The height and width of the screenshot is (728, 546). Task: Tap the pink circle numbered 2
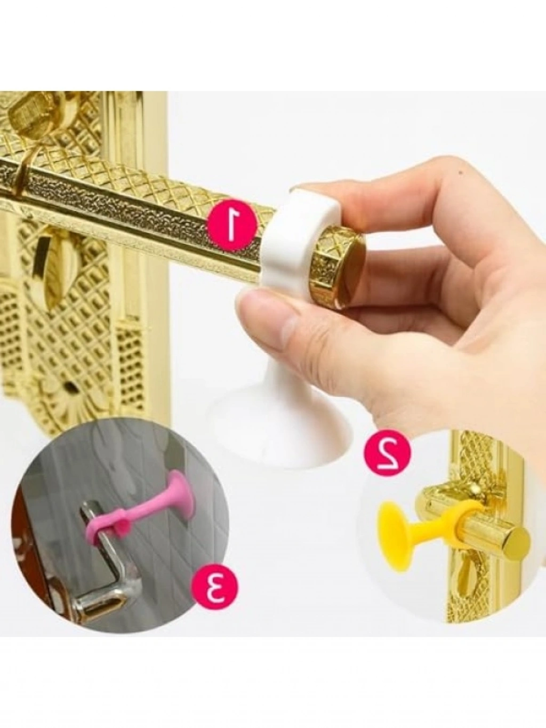[x=387, y=452]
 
